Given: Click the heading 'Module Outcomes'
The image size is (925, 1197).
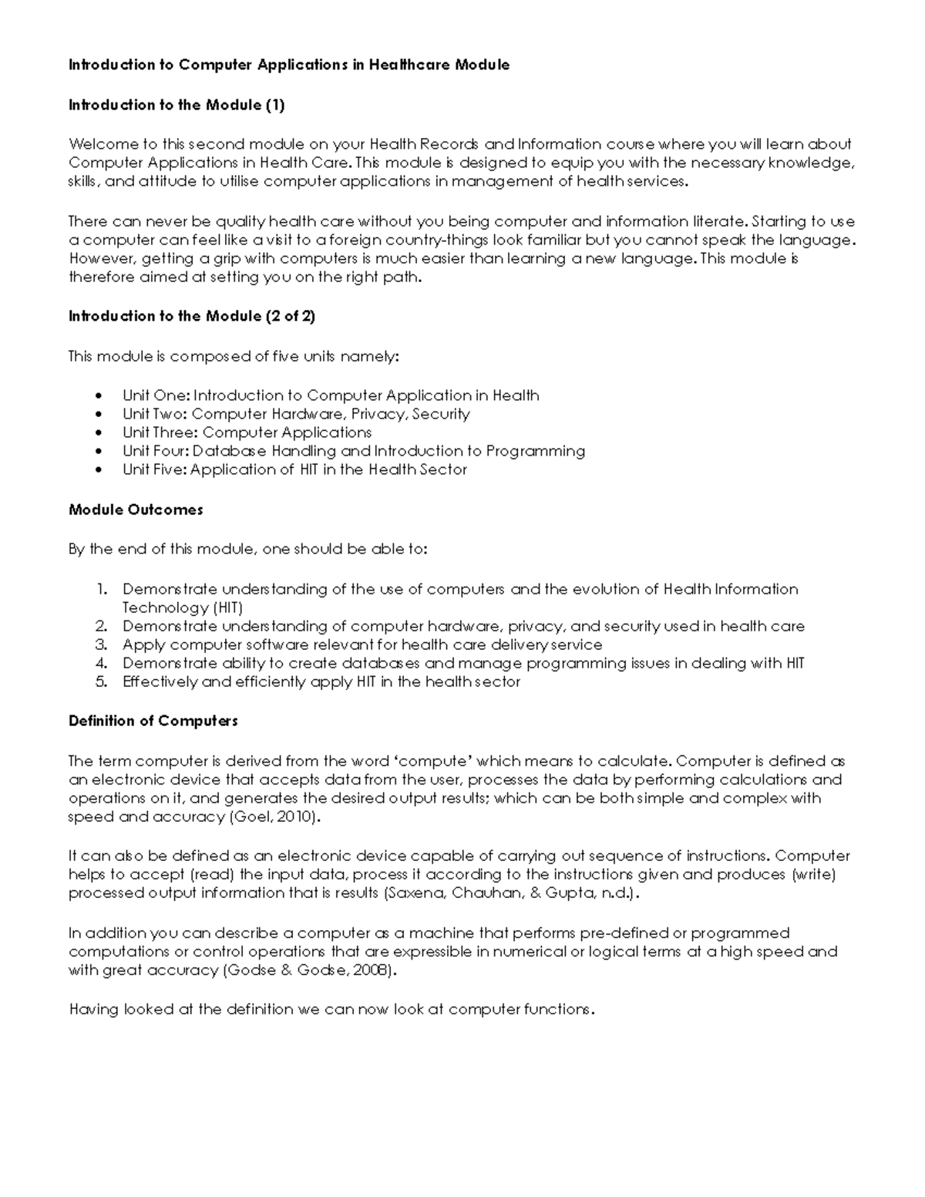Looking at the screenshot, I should [136, 509].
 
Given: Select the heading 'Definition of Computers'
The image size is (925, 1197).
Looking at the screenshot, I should [153, 721].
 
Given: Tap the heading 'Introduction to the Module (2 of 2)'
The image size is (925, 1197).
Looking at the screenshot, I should [192, 316].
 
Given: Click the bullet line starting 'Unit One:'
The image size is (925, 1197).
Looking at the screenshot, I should [331, 395].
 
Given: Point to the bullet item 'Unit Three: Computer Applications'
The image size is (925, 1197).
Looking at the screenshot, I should [247, 432].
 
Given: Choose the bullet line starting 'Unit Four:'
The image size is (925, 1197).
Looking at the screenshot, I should [353, 451].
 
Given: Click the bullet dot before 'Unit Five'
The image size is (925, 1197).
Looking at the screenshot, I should [97, 470].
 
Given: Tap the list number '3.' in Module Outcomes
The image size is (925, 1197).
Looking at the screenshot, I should [101, 644].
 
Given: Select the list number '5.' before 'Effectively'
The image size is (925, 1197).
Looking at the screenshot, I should [101, 681].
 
